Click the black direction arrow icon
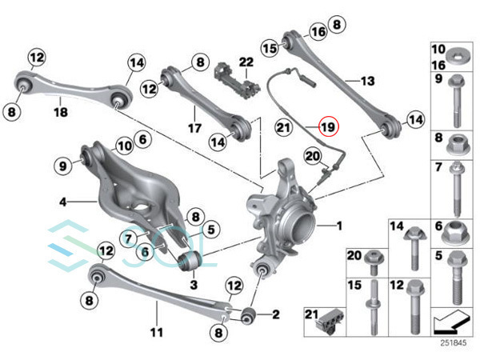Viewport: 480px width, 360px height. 449,323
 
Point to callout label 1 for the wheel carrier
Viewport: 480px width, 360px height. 339,226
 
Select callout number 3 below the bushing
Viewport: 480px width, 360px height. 193,284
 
